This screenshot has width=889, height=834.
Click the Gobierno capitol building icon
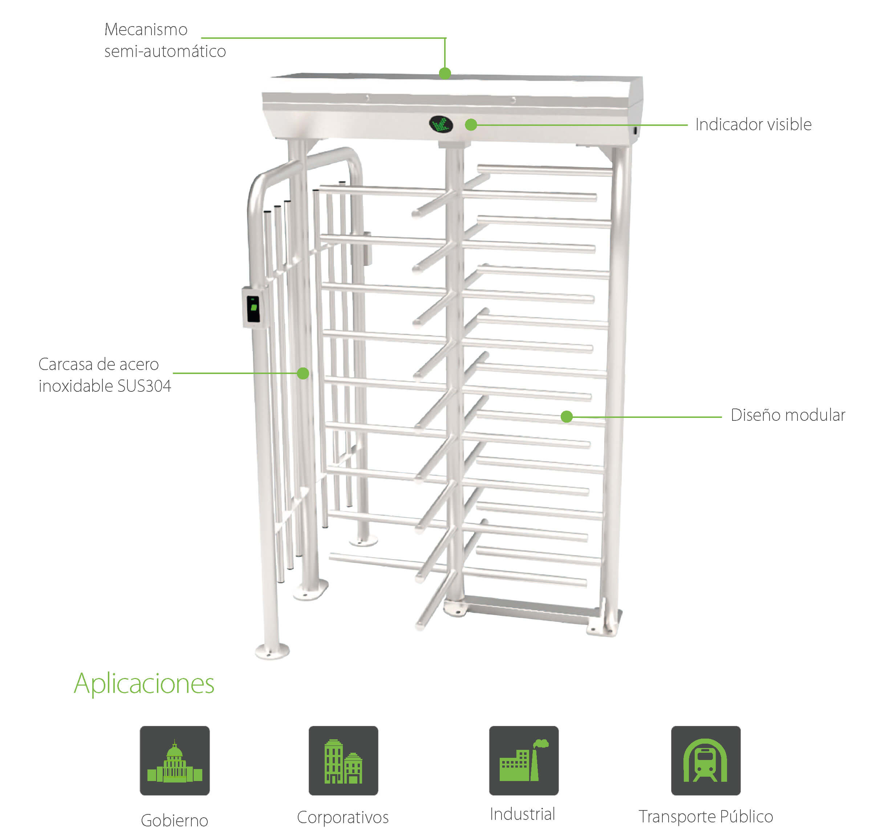(174, 760)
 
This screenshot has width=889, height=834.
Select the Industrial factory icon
(524, 760)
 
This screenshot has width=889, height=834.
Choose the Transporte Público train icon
(705, 760)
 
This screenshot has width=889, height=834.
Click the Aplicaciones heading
(144, 683)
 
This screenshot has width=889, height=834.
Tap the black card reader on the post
(253, 308)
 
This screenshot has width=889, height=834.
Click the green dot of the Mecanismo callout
(444, 73)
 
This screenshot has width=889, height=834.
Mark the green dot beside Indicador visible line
(471, 125)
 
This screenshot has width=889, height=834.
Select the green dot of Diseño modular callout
(567, 416)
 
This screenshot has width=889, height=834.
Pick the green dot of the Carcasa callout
(303, 373)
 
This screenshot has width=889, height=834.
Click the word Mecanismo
(146, 29)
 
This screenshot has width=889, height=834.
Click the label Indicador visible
(753, 125)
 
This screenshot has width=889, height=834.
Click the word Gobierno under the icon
(174, 820)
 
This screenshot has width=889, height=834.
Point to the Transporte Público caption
(706, 816)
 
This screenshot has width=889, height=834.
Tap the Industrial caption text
(522, 814)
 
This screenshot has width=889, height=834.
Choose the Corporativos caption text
(342, 817)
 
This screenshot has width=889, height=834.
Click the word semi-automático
(165, 52)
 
